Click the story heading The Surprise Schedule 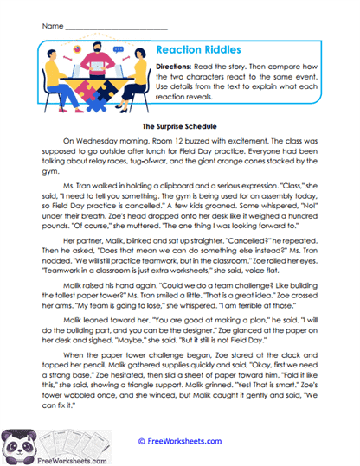tap(179, 126)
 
